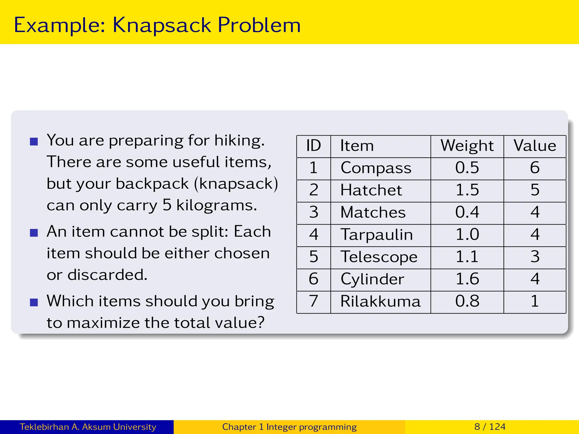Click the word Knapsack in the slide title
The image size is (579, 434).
162,25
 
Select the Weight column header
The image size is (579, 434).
467,146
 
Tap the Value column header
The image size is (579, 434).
535,146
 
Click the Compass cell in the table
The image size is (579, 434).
376,168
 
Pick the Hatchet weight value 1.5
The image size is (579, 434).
467,190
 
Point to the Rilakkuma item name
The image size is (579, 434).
380,301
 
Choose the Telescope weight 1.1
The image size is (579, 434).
467,257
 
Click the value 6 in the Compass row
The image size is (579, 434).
535,168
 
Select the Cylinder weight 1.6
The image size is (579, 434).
467,279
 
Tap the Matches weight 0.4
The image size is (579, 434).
467,212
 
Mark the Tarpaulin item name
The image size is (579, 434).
377,235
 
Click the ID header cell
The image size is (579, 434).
314,146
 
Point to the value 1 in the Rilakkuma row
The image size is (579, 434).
535,301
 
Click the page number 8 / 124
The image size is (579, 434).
490,427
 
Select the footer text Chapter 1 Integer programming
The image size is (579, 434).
289,427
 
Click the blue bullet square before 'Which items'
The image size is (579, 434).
34,302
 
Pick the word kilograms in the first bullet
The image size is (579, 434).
217,205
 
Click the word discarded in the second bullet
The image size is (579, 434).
107,275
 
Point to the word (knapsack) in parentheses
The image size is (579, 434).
236,184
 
